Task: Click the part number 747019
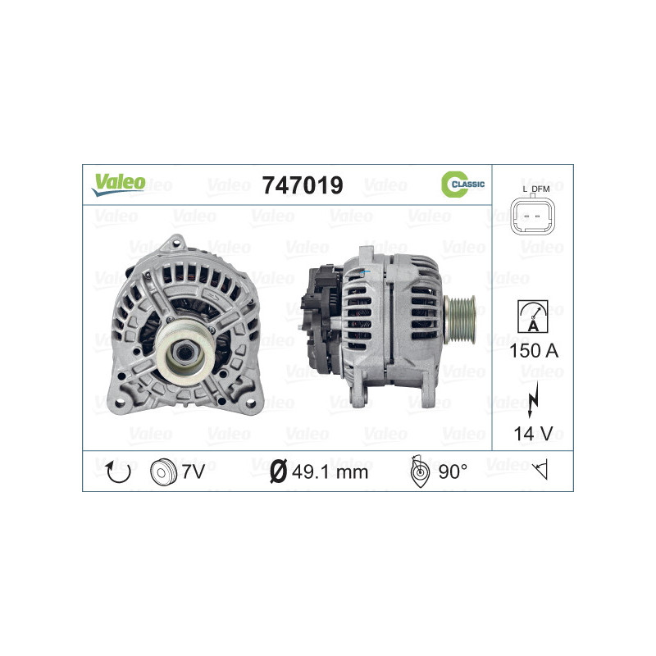[x=302, y=185]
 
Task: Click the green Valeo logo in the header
[x=118, y=184]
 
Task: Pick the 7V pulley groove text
[x=194, y=471]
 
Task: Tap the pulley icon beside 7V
[x=164, y=471]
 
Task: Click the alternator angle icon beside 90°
[x=419, y=471]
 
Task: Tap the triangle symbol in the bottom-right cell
[x=539, y=471]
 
